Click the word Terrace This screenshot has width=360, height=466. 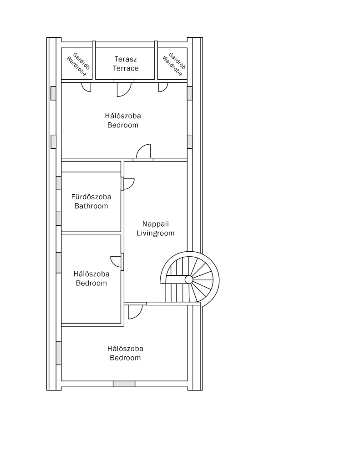[x=126, y=68]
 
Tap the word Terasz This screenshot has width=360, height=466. [x=126, y=59]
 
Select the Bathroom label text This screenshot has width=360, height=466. [x=91, y=206]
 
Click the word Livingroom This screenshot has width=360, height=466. [x=156, y=233]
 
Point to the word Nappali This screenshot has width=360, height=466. [x=156, y=224]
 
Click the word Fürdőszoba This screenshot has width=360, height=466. [x=91, y=197]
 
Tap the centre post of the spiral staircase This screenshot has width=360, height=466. [x=189, y=280]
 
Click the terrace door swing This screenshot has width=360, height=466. [x=124, y=89]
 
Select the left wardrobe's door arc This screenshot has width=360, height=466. [x=86, y=87]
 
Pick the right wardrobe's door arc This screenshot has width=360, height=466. [x=163, y=87]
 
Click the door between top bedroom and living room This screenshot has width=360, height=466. [x=143, y=151]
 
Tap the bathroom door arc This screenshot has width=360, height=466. [x=129, y=184]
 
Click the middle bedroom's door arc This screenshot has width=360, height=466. [x=116, y=262]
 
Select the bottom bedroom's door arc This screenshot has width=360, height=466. [x=135, y=312]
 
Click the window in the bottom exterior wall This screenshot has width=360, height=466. [x=124, y=384]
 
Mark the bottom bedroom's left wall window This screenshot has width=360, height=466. [x=59, y=353]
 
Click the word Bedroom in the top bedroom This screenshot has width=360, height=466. [x=123, y=125]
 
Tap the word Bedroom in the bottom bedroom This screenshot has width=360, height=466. [x=125, y=358]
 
